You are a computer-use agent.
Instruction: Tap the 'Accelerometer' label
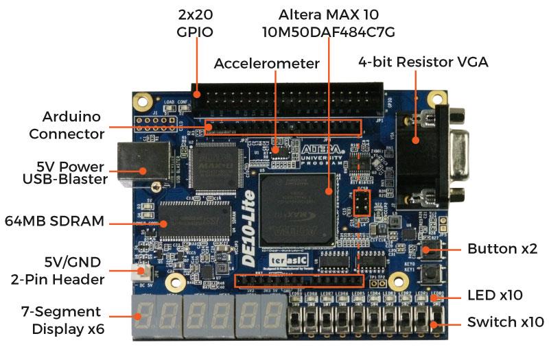click(267, 64)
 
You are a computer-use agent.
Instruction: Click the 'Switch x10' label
click(506, 322)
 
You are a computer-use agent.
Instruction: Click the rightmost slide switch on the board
click(436, 320)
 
